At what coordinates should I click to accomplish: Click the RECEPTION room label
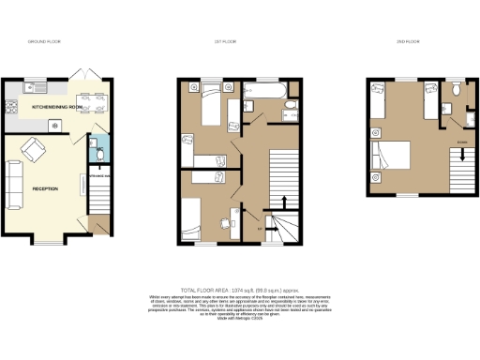[46, 188]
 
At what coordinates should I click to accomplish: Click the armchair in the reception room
[35, 148]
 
